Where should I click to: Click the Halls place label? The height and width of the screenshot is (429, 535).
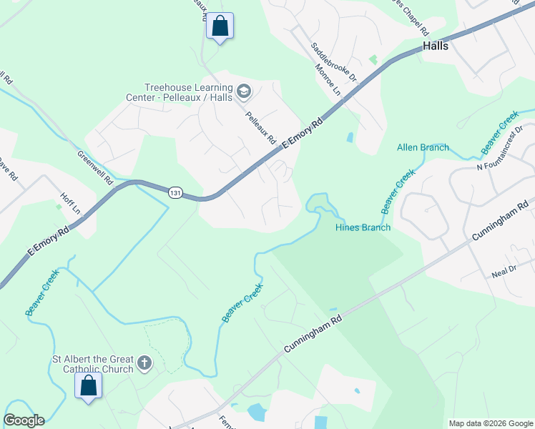pyautogui.click(x=435, y=45)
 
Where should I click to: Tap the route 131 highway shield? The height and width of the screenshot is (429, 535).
pyautogui.click(x=175, y=193)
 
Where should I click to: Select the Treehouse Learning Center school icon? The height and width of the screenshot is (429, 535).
pyautogui.click(x=245, y=91)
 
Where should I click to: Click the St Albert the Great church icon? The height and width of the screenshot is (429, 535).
pyautogui.click(x=144, y=363)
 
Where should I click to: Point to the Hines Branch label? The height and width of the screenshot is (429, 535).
pyautogui.click(x=363, y=227)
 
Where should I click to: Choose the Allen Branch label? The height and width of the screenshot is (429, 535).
pyautogui.click(x=423, y=148)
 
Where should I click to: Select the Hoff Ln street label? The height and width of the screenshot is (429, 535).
pyautogui.click(x=69, y=205)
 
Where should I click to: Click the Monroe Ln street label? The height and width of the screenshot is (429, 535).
pyautogui.click(x=327, y=79)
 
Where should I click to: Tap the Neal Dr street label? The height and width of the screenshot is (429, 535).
pyautogui.click(x=504, y=270)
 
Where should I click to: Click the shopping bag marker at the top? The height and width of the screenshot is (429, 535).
pyautogui.click(x=220, y=26)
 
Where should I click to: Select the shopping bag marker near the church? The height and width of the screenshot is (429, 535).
pyautogui.click(x=89, y=385)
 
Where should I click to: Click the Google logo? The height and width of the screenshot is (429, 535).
pyautogui.click(x=24, y=420)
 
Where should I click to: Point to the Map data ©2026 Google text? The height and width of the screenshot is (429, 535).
pyautogui.click(x=490, y=423)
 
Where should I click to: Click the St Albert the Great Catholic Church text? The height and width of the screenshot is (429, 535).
pyautogui.click(x=93, y=364)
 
